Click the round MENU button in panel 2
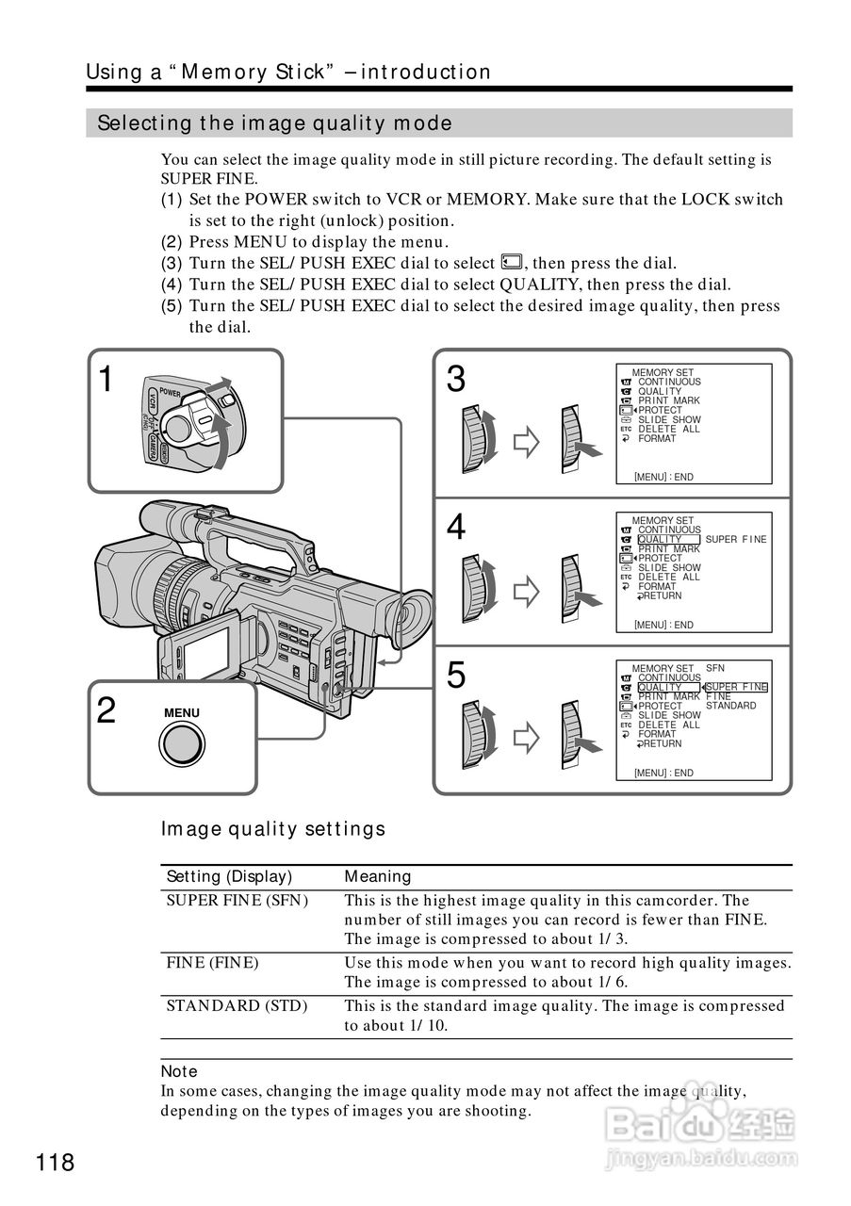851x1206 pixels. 182,744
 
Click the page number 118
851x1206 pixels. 56,1163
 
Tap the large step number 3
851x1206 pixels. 456,380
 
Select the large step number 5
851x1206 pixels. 456,676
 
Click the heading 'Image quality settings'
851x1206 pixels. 273,829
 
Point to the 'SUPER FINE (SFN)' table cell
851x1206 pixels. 237,900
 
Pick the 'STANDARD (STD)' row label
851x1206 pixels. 237,1005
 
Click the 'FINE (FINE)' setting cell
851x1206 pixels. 212,963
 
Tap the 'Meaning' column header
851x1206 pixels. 378,876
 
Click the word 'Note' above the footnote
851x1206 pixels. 179,1071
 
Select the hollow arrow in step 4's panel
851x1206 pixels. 525,591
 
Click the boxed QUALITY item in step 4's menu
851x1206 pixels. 668,540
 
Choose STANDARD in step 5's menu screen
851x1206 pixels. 730,706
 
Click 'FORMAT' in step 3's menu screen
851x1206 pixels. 657,439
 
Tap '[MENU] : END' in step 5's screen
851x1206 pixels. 663,773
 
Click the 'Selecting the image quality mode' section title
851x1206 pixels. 275,123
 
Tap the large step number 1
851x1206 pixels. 106,380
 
